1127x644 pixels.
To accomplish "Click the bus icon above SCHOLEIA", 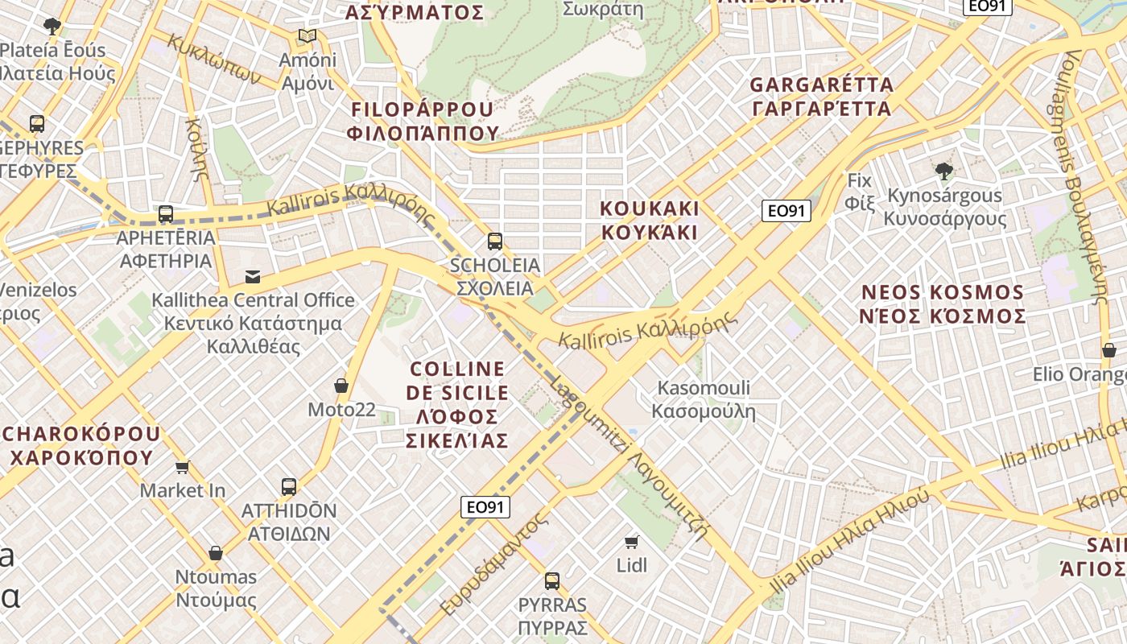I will click(x=495, y=241).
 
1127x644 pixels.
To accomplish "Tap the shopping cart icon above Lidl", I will click(x=632, y=542).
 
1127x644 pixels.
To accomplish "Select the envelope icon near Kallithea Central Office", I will click(x=253, y=277).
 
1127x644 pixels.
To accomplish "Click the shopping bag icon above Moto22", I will click(x=341, y=386).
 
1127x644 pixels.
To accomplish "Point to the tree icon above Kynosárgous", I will click(x=944, y=171).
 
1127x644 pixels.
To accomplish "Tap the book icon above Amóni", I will click(x=307, y=35).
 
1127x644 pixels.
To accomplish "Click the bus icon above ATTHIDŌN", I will click(x=289, y=486).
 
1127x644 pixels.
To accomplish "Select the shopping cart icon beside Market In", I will click(x=183, y=467).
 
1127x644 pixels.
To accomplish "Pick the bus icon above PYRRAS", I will click(x=551, y=580).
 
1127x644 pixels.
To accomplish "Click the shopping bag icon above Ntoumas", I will click(x=216, y=553).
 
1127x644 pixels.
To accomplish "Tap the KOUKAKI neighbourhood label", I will click(x=649, y=220).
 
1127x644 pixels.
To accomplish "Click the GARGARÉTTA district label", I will click(x=821, y=97).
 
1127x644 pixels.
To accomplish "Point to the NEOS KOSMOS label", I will click(x=943, y=303).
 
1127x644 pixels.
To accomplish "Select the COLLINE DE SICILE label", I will click(x=458, y=404).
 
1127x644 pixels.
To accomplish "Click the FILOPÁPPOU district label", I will click(x=422, y=121).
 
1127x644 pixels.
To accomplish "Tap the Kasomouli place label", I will click(x=704, y=399).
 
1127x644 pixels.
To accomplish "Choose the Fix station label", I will click(x=860, y=192).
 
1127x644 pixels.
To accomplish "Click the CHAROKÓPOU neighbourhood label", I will click(x=80, y=445).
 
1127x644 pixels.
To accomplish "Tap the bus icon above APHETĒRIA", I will click(x=166, y=214).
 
